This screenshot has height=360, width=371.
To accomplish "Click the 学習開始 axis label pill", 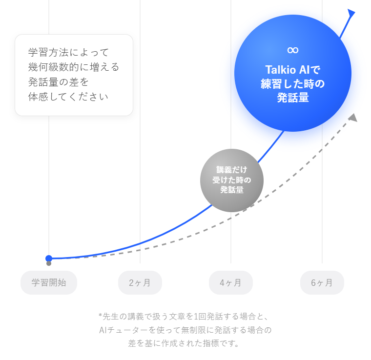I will coord(49,282).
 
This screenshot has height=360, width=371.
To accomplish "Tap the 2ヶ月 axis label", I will coord(140,282).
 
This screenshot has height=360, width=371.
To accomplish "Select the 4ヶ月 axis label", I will coord(230,282).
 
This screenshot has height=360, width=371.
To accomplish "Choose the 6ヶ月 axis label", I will coord(322,282).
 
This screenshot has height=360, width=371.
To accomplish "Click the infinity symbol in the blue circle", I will coord(292,50).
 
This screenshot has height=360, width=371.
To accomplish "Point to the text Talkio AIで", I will coord(292,69).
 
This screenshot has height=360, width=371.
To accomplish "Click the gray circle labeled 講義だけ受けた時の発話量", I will coord(232,180).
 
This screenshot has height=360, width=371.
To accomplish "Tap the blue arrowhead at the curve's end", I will coord(350,15).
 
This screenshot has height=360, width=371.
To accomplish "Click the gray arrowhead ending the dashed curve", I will coord(353,118).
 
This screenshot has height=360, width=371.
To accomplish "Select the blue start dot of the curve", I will coord(49,258).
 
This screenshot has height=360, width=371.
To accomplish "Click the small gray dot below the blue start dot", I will coord(49,263).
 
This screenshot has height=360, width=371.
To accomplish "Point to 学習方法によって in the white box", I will coord(69,52).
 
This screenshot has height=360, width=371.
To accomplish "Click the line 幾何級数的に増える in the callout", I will coord(74,67).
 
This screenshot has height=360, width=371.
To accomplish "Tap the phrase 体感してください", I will coord(68,97).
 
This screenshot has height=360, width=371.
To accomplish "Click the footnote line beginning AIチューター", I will coord(185,330).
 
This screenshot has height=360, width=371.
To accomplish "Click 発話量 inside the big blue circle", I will coord(292,98).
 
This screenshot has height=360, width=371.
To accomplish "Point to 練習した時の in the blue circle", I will coord(292,83).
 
